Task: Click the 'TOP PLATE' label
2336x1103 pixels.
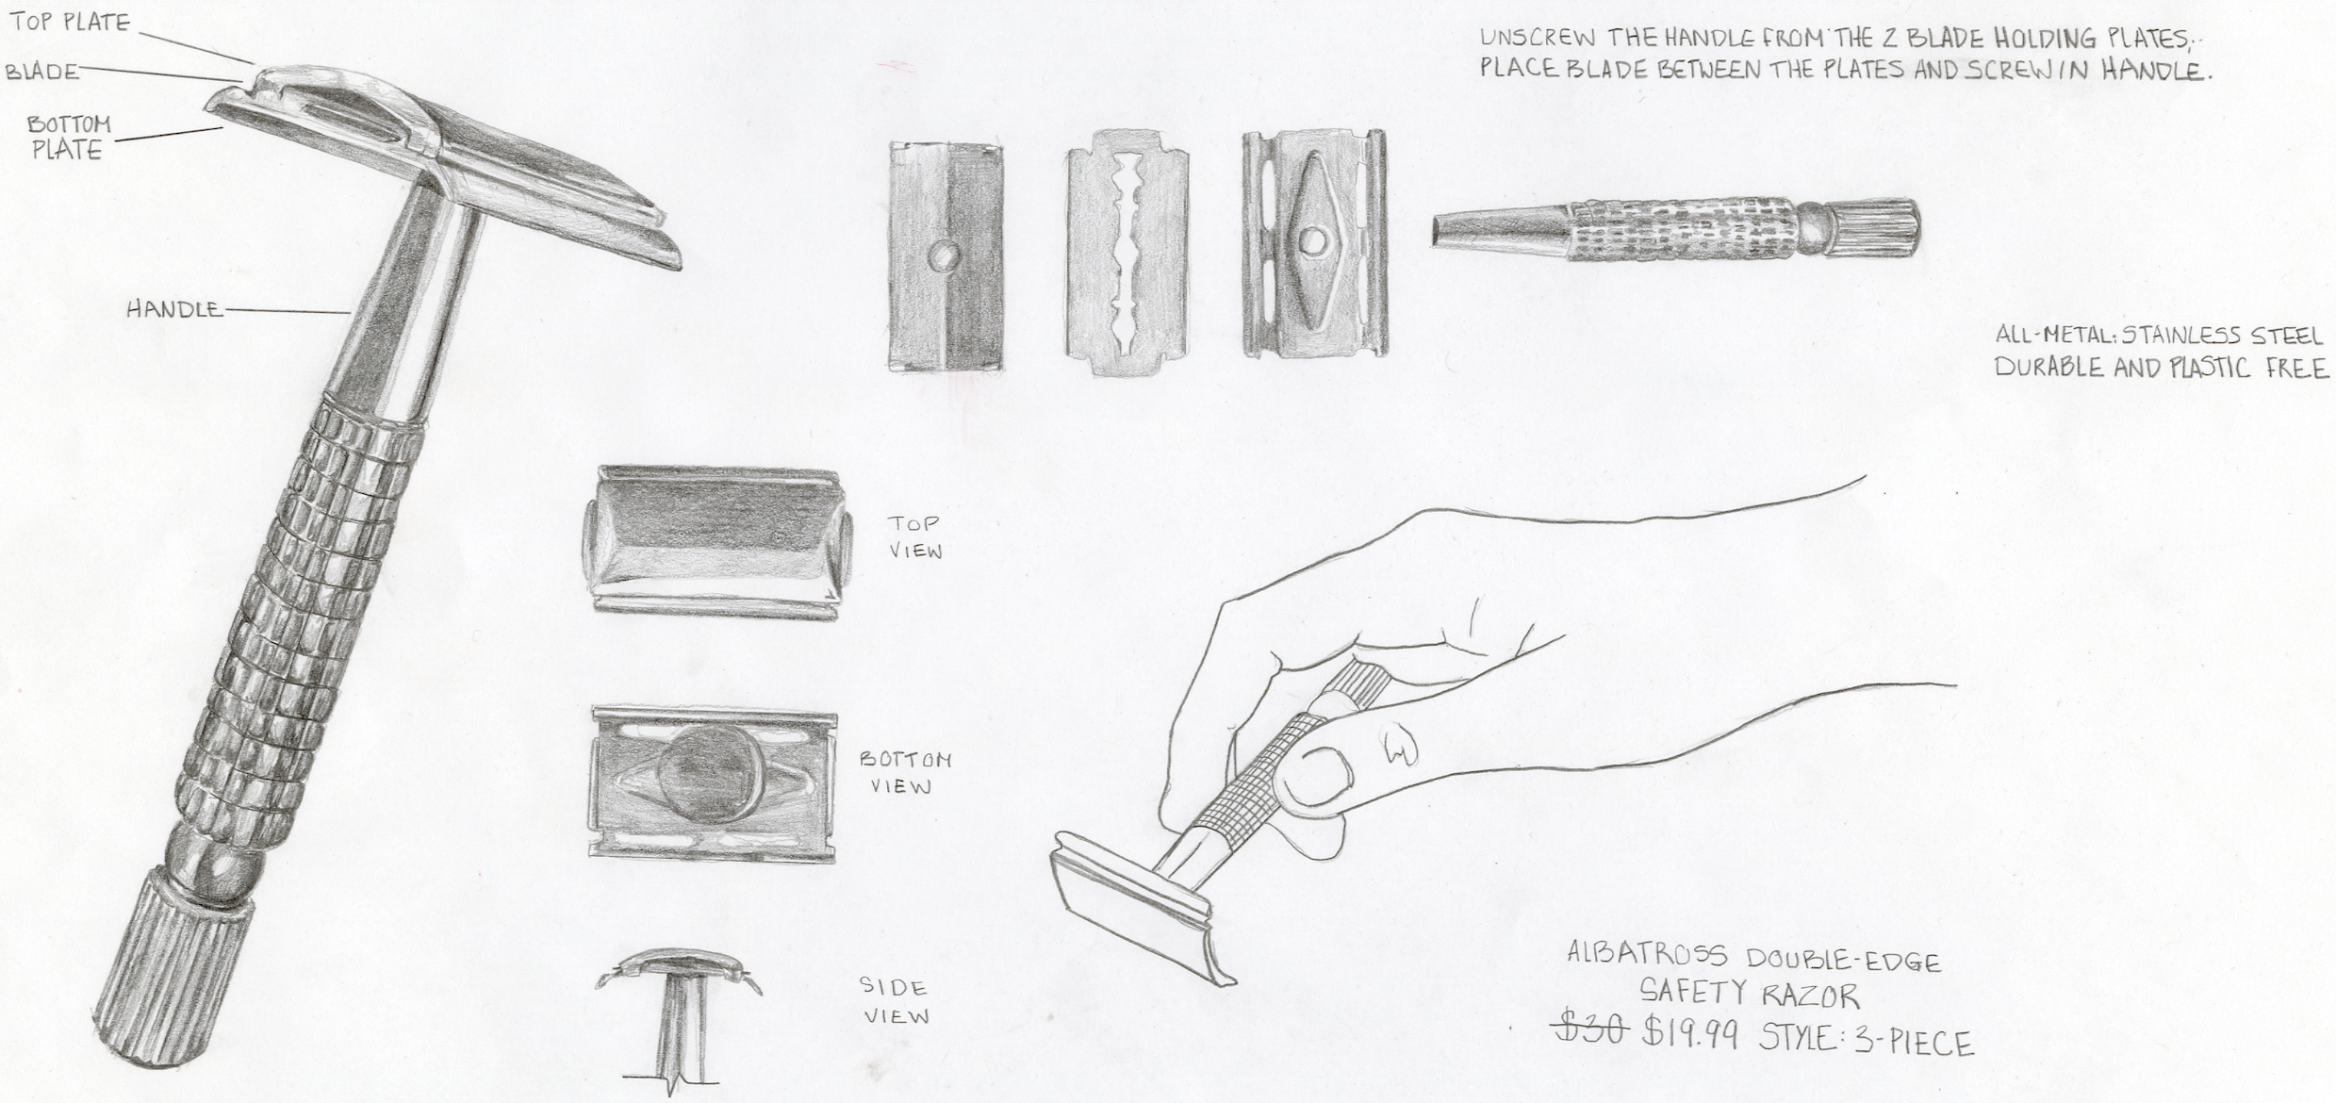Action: tap(70, 22)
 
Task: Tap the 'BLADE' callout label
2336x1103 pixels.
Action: tap(42, 72)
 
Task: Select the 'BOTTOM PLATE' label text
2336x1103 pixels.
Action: tap(69, 137)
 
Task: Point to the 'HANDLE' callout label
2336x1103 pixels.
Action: tap(174, 308)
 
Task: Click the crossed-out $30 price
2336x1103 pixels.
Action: tap(1590, 1028)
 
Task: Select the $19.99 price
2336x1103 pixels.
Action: tap(1691, 1032)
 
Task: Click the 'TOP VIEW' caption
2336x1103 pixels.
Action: tap(914, 536)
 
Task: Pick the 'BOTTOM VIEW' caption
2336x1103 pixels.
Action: tap(905, 772)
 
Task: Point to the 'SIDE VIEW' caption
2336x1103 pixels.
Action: tap(894, 1001)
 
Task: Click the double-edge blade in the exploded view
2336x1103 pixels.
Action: tap(1127, 252)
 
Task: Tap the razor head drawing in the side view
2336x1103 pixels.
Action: tap(679, 971)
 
